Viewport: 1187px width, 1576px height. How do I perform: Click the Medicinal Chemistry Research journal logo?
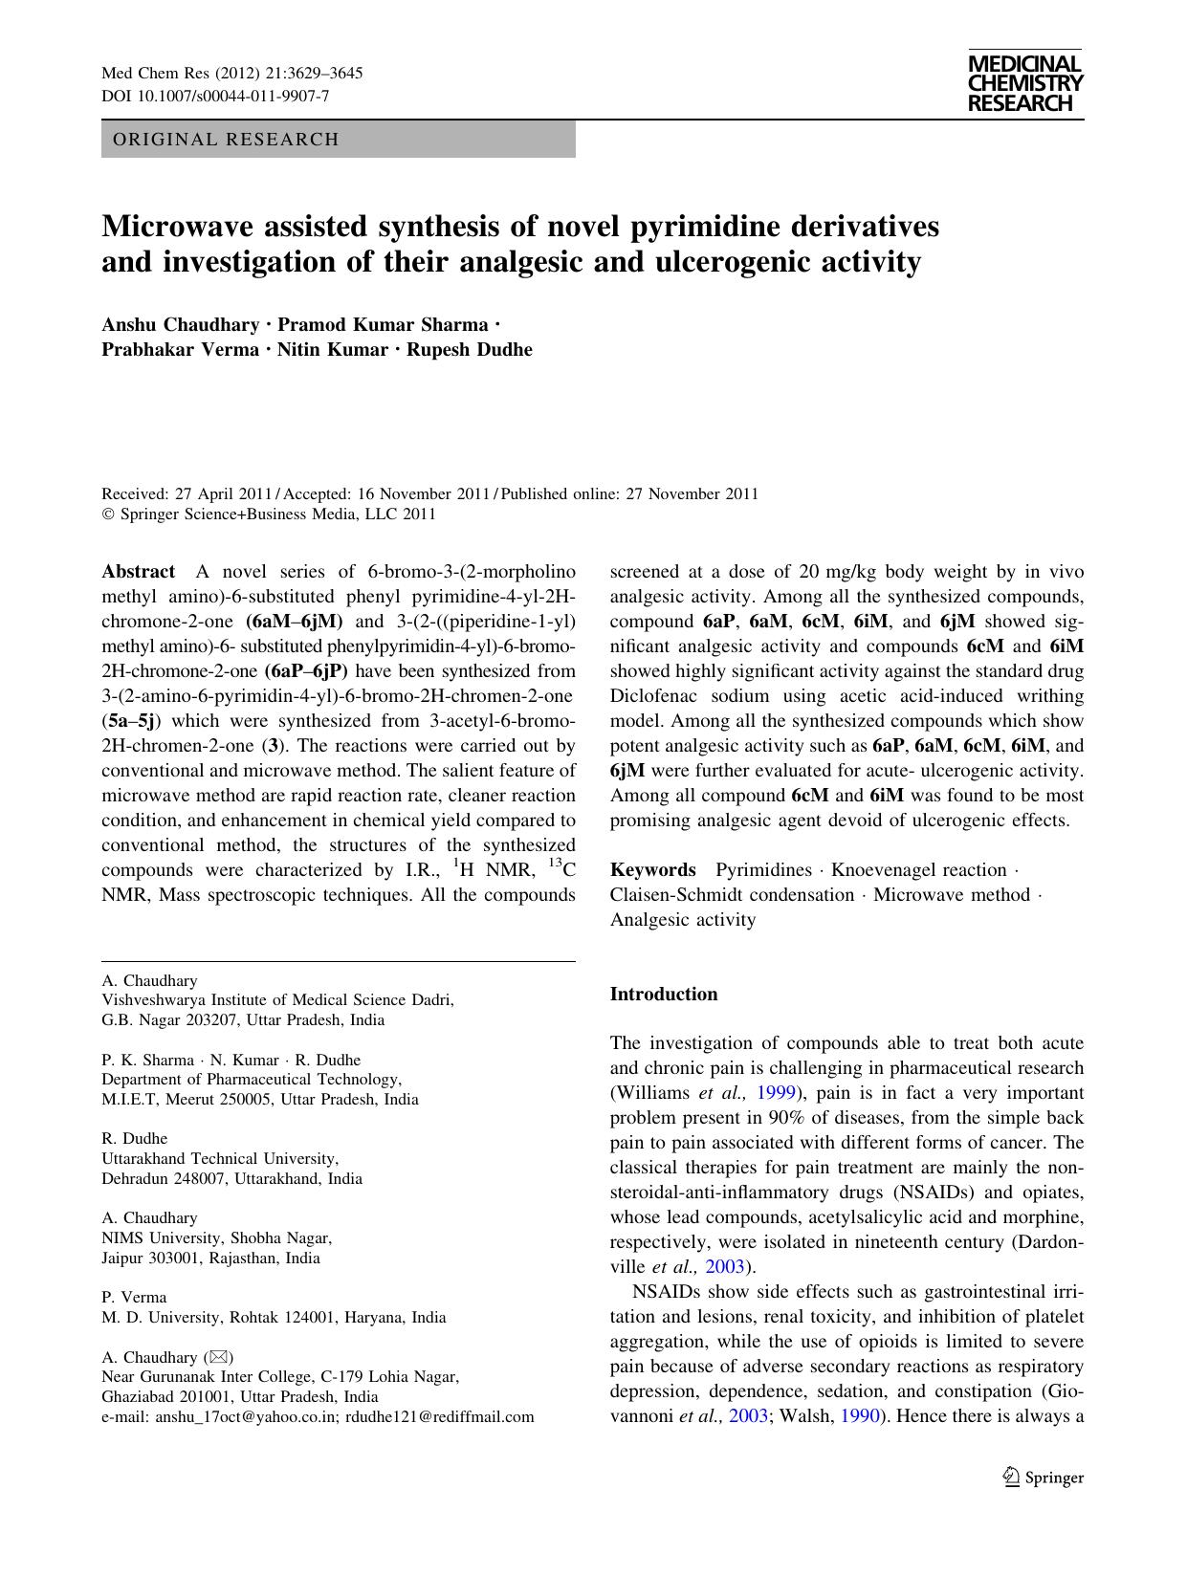[x=1024, y=83]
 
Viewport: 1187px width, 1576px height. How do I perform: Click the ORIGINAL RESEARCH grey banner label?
[x=226, y=140]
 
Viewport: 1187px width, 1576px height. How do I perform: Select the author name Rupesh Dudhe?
[x=469, y=349]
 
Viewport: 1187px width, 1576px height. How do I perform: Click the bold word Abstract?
[x=138, y=572]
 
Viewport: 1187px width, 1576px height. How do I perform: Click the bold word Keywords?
[x=653, y=870]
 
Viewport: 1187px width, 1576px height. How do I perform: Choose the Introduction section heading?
[x=664, y=995]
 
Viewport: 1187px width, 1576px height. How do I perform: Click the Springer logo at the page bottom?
[x=1044, y=1477]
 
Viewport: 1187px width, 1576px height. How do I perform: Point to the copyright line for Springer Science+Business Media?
[x=269, y=514]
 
